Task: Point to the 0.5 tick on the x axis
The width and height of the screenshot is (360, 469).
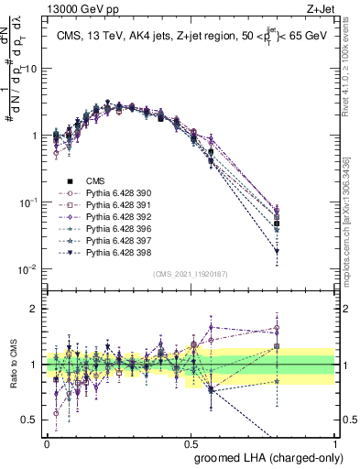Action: point(191,442)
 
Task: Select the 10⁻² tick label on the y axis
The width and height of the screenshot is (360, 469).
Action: point(30,269)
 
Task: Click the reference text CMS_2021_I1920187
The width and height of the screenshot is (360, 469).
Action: point(191,272)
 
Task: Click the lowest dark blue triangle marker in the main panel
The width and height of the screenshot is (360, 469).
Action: point(277,250)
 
